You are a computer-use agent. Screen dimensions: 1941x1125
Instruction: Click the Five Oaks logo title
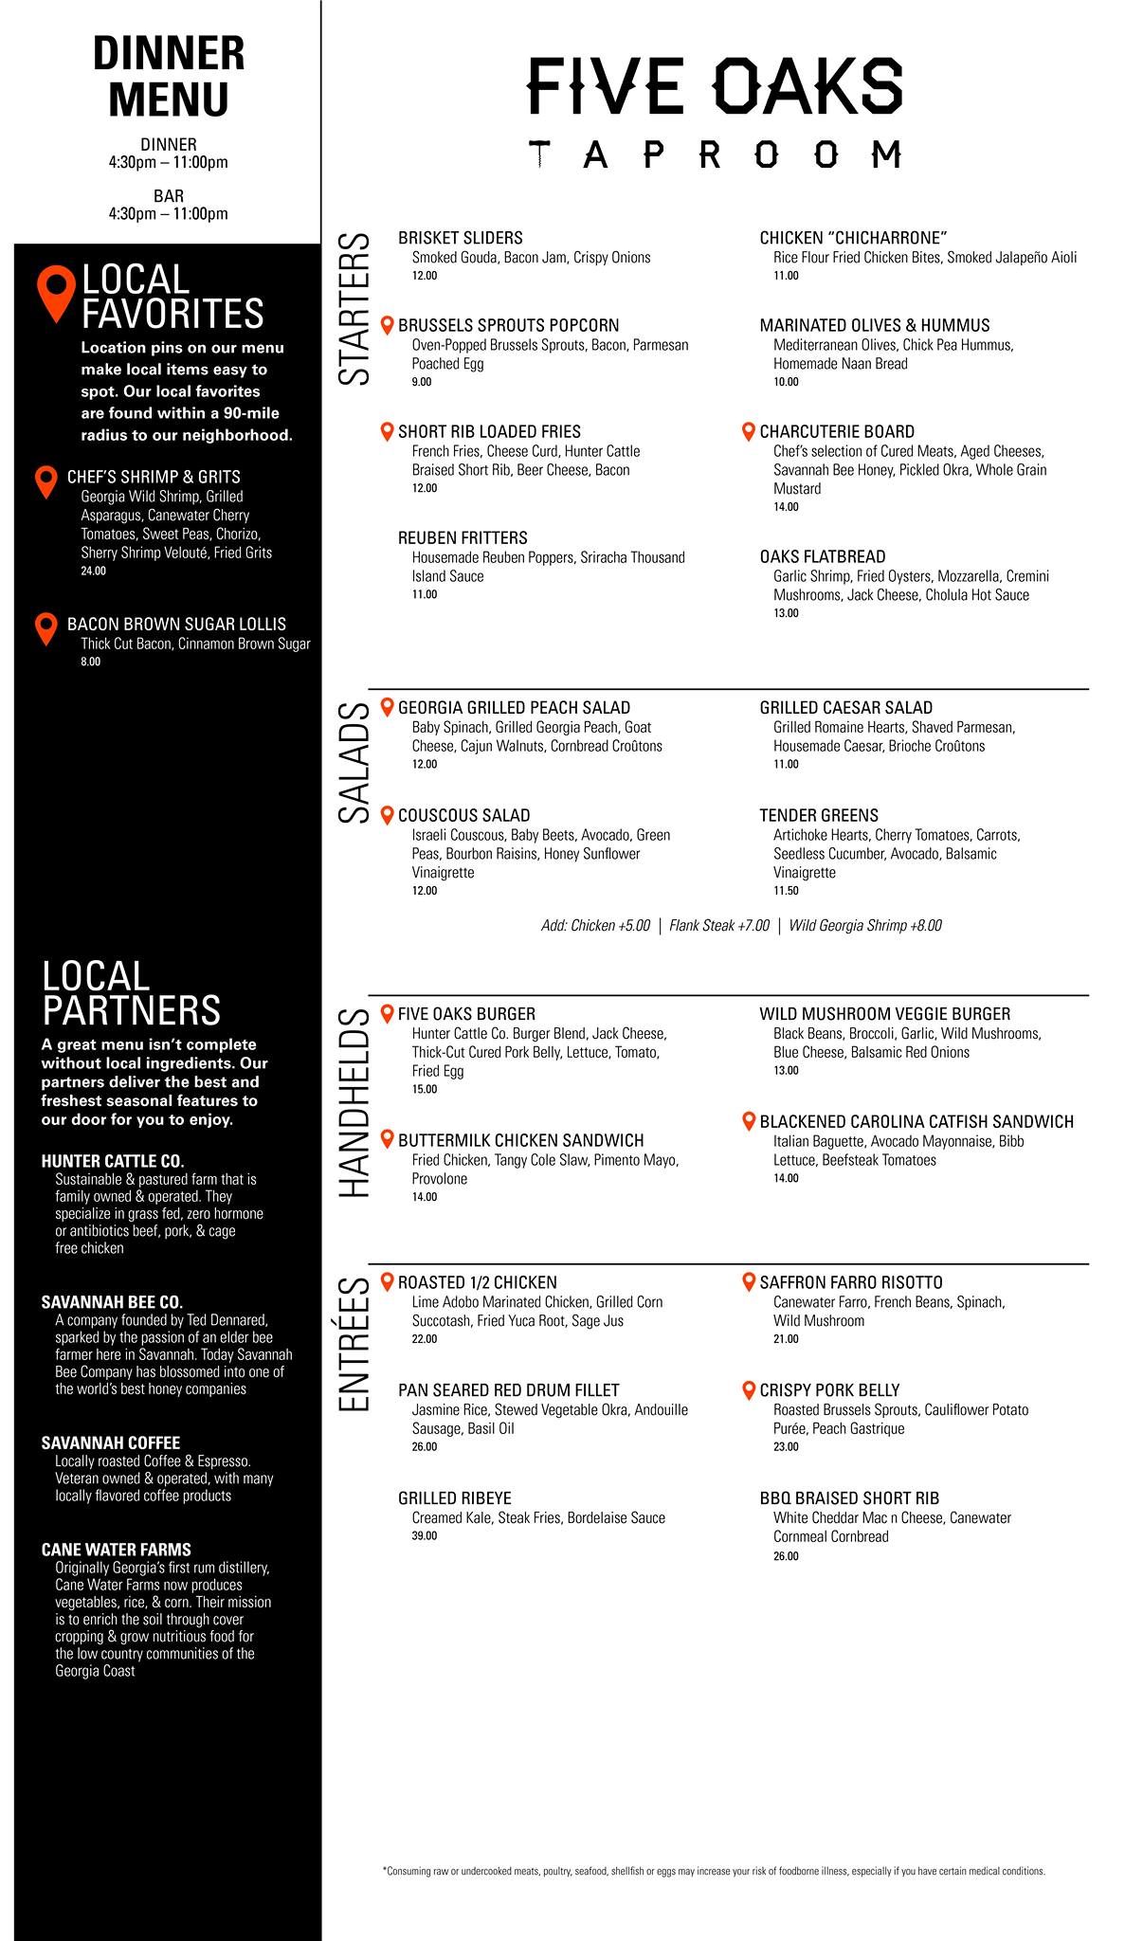(715, 85)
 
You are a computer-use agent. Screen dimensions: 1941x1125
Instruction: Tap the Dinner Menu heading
(169, 77)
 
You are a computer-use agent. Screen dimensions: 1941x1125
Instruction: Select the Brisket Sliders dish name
(460, 238)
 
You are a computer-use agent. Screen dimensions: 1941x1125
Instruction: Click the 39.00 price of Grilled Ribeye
(424, 1535)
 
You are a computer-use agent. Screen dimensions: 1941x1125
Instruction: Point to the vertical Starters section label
(354, 309)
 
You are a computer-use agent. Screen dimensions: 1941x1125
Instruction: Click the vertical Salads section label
(354, 763)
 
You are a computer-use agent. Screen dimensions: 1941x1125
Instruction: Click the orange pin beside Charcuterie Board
(748, 431)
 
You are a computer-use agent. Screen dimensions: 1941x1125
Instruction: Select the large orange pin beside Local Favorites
(56, 294)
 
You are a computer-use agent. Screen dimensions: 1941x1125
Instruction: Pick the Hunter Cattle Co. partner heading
(113, 1161)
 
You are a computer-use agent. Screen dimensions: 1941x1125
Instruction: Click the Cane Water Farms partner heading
(117, 1550)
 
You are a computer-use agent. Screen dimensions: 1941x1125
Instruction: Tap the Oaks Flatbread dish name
(823, 556)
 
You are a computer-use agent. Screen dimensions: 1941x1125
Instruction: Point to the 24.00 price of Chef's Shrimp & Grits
(94, 571)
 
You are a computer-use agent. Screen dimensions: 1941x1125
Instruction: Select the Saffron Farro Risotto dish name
(851, 1282)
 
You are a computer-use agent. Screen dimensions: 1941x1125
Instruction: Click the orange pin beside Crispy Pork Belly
(748, 1389)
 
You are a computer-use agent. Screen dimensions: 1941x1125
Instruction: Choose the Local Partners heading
(131, 993)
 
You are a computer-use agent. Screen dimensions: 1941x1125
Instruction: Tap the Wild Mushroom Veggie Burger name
(884, 1014)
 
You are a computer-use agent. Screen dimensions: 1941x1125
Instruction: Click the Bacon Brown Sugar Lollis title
(176, 625)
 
